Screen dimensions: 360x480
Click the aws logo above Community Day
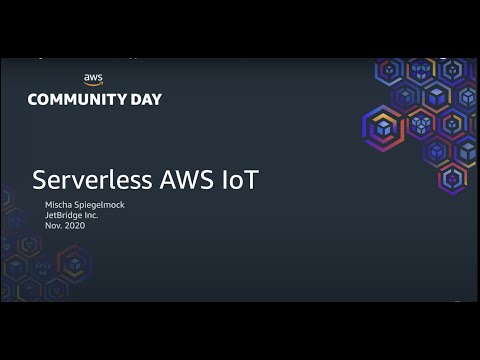(x=93, y=80)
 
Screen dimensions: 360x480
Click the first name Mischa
(x=60, y=204)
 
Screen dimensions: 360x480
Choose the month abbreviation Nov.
(x=53, y=226)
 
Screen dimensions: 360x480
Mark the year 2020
(x=75, y=226)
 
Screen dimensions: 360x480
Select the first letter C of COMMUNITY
(x=33, y=99)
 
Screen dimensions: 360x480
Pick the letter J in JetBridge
(x=47, y=215)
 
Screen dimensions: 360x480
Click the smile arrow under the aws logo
(x=93, y=85)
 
